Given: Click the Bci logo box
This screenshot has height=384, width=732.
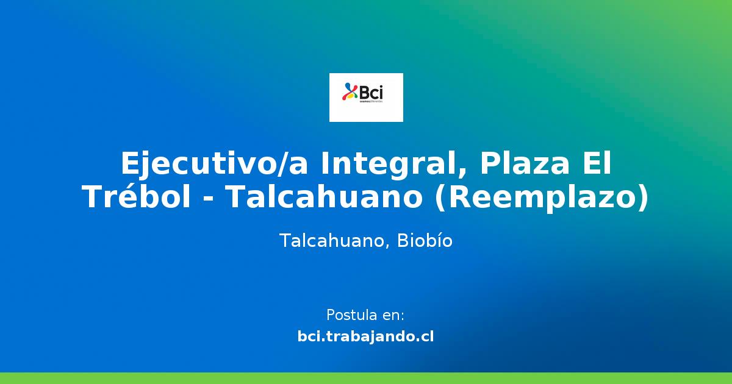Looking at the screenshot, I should click(x=366, y=98).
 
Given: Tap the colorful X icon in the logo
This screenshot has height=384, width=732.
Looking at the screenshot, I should click(x=351, y=91).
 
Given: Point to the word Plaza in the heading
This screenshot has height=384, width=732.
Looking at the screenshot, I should click(x=525, y=165).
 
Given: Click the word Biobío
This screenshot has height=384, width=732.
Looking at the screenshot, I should click(x=425, y=241).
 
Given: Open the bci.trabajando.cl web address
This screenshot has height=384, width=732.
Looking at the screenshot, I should click(x=366, y=336).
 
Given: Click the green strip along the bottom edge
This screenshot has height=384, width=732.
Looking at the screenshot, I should click(x=366, y=378).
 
